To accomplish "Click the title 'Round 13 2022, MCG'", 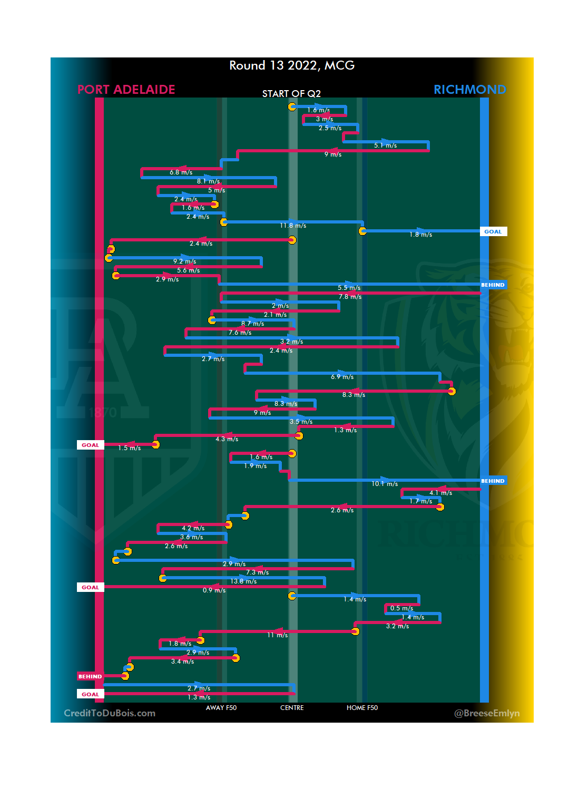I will pyautogui.click(x=292, y=65).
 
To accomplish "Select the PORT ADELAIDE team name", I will pyautogui.click(x=126, y=90).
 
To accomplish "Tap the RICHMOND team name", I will pyautogui.click(x=469, y=90).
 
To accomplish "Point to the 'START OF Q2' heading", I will pyautogui.click(x=291, y=94).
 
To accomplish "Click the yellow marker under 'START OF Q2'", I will pyautogui.click(x=292, y=107).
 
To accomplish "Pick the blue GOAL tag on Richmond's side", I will pyautogui.click(x=493, y=231).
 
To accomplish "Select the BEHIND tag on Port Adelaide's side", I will pyautogui.click(x=90, y=676).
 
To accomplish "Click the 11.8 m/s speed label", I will pyautogui.click(x=293, y=226).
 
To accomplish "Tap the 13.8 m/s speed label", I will pyautogui.click(x=243, y=581).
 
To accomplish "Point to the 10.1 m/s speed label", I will pyautogui.click(x=385, y=484).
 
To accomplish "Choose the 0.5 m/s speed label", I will pyautogui.click(x=401, y=608).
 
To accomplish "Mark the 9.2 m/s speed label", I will pyautogui.click(x=184, y=261).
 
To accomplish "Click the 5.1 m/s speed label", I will pyautogui.click(x=385, y=145).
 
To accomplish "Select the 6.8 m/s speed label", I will pyautogui.click(x=181, y=172).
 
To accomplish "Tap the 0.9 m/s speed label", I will pyautogui.click(x=214, y=590).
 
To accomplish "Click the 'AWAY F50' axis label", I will pyautogui.click(x=221, y=708).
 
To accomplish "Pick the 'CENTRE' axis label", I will pyautogui.click(x=292, y=708).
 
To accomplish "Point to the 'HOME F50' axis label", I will pyautogui.click(x=362, y=708).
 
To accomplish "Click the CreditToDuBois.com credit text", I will pyautogui.click(x=110, y=713).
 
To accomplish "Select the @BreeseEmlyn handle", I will pyautogui.click(x=487, y=713).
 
